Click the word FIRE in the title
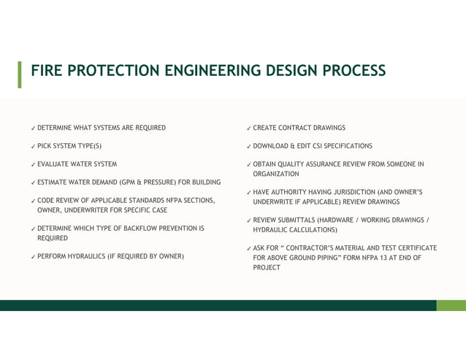[x=46, y=71]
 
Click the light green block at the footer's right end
[x=451, y=305]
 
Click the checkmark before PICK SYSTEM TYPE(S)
[x=33, y=146]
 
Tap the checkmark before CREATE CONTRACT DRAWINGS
[x=249, y=128]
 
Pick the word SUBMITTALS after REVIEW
[x=299, y=220]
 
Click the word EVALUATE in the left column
[x=53, y=164]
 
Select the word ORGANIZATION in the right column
[x=276, y=174]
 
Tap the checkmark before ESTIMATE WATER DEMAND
[x=33, y=182]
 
